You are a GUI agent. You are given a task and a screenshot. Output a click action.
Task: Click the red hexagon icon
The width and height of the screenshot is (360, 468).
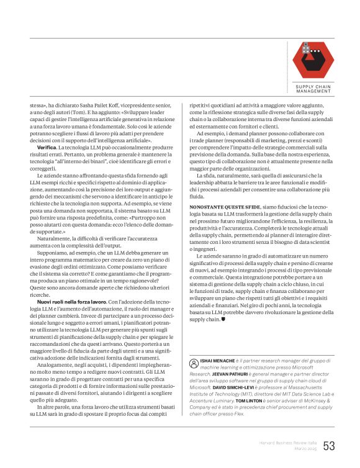313,61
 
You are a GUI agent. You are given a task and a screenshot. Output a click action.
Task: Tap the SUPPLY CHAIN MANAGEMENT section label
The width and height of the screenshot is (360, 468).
313,89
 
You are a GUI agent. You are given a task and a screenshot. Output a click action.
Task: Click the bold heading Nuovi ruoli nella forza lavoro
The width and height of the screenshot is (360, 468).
65,301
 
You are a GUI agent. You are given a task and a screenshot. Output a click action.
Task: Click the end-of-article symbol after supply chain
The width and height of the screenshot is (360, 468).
223,320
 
